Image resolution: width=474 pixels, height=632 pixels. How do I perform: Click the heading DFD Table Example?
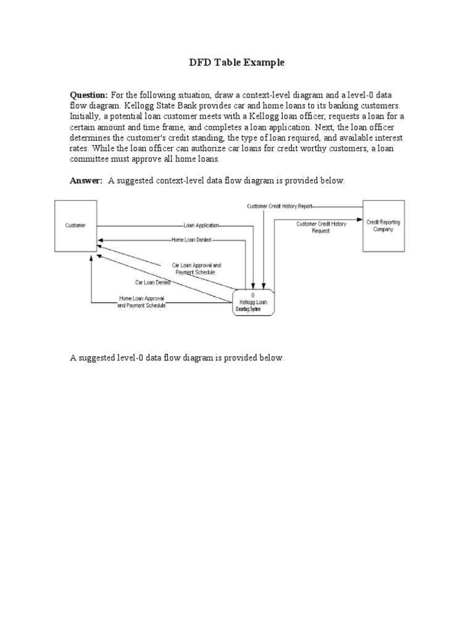tap(236, 63)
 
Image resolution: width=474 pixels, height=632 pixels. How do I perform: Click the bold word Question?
tap(89, 95)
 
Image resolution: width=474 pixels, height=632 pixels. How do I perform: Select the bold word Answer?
tap(86, 180)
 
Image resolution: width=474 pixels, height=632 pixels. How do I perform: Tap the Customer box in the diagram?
tap(76, 226)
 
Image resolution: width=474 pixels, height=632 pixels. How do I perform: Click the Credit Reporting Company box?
tap(383, 225)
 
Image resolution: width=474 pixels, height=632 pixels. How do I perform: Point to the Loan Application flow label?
tap(201, 226)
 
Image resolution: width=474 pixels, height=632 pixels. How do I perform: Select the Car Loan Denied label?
tap(153, 282)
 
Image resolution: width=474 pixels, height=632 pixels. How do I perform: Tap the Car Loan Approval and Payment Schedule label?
tap(196, 268)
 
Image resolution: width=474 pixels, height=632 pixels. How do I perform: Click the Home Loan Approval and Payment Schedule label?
tap(142, 302)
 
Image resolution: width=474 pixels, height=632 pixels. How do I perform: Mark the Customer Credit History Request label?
tap(321, 227)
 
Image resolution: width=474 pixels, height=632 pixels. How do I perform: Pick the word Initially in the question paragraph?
tap(83, 116)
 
